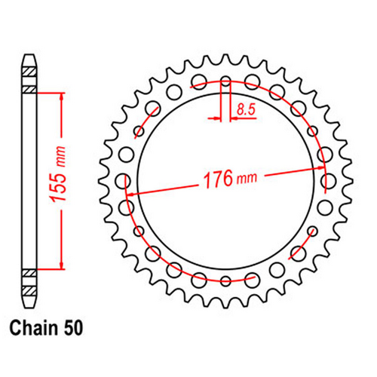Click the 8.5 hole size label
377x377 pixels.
[x=245, y=110]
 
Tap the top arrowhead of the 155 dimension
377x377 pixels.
[x=61, y=97]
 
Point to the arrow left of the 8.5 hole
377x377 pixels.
[x=213, y=118]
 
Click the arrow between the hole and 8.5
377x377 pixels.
[x=235, y=118]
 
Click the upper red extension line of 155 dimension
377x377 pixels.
[x=47, y=91]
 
